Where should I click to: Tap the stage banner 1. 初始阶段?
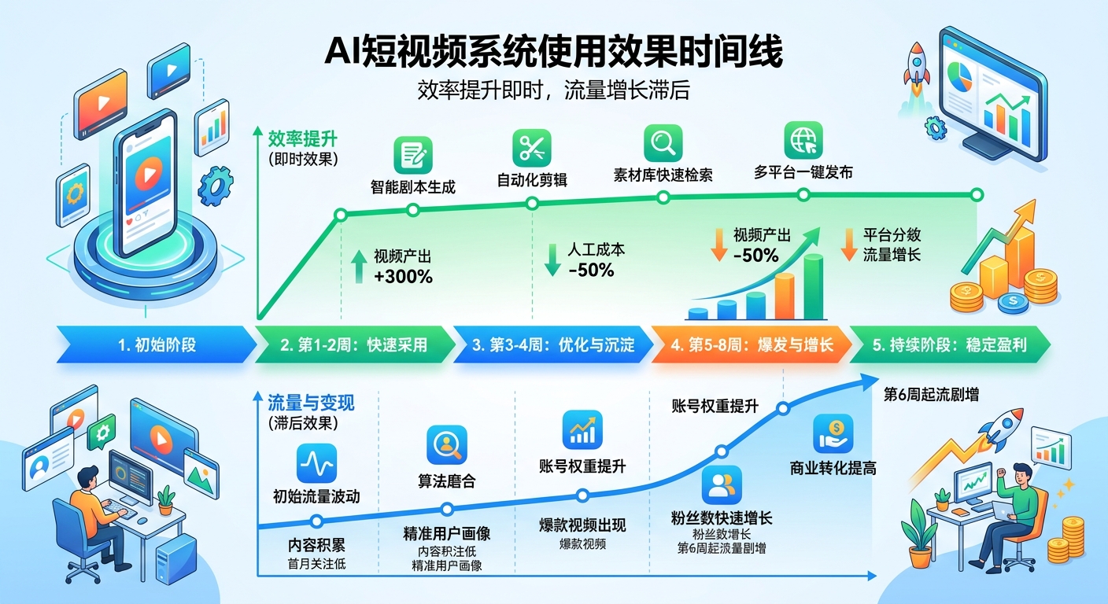tap(156, 345)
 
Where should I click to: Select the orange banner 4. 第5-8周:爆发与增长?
tap(752, 345)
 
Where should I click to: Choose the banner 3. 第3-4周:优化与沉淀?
tap(553, 345)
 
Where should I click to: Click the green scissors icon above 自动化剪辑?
tap(532, 148)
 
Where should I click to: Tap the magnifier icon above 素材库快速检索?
tap(663, 143)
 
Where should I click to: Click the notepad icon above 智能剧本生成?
tap(413, 154)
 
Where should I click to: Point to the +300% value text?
tap(404, 276)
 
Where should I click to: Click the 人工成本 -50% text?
tap(596, 260)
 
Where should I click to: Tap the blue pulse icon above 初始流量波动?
tap(316, 463)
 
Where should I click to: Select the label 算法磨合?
tap(446, 481)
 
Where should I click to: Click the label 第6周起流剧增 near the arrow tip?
tap(931, 395)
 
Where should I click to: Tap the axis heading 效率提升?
tap(302, 139)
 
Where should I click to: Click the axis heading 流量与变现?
tap(311, 403)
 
